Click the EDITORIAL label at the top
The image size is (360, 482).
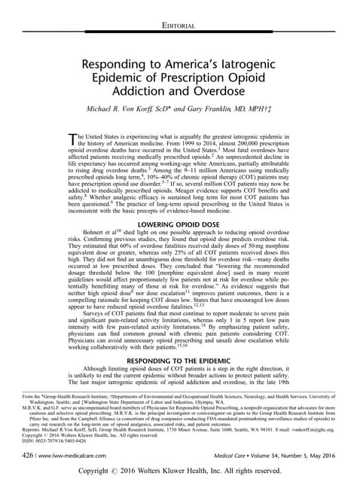179,26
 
